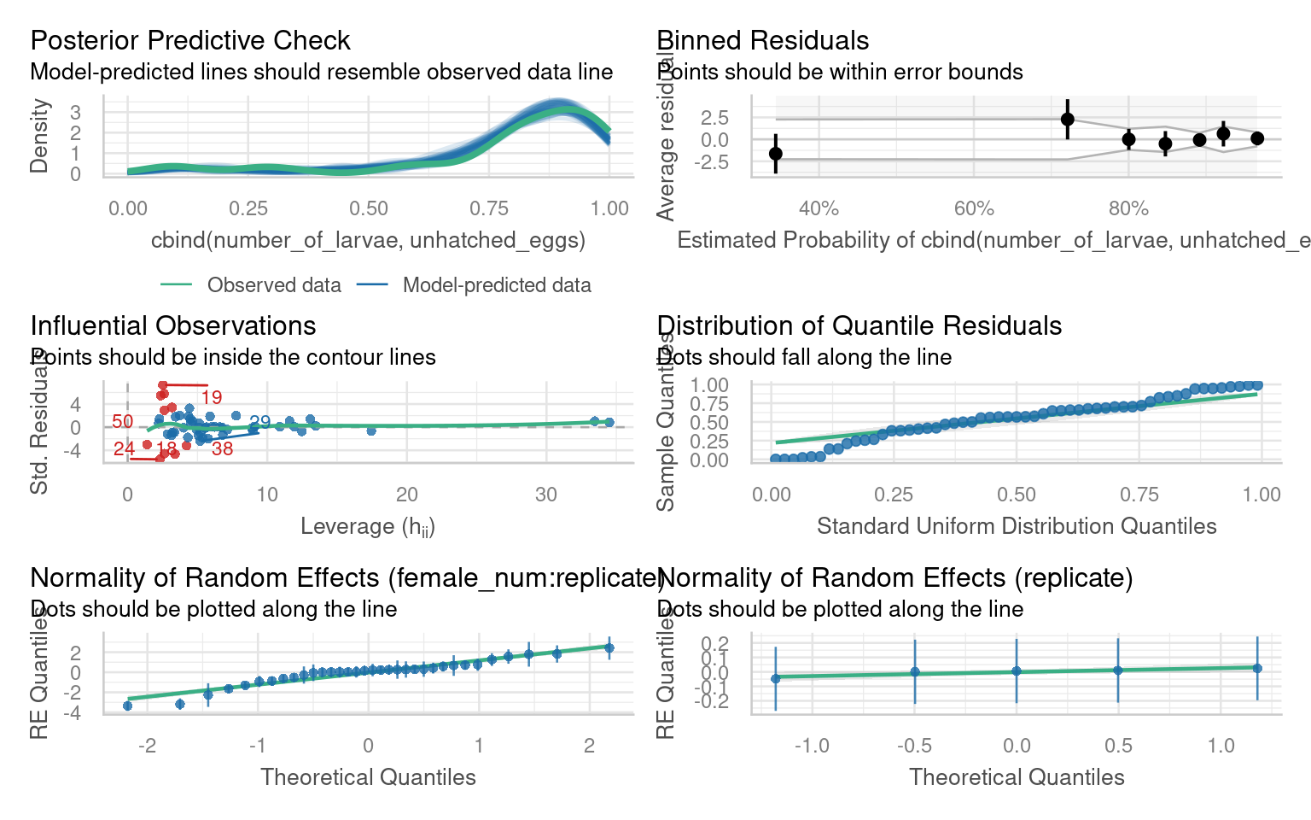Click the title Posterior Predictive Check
coord(189,40)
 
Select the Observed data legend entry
coord(273,285)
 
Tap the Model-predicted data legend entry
coord(497,285)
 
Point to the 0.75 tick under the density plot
coord(489,208)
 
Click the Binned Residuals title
coord(763,40)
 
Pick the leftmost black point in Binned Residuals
coord(775,154)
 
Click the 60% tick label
coord(974,208)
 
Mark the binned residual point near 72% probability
coord(1067,120)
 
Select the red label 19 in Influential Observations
coord(212,397)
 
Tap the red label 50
coord(123,421)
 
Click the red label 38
coord(223,449)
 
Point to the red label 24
coord(124,448)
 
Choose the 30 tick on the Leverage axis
coord(546,495)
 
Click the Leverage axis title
coord(368,526)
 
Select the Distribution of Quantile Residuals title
coord(859,325)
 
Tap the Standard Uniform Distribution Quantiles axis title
coord(1017,526)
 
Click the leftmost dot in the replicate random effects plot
coord(776,679)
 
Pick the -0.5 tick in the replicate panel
coord(914,746)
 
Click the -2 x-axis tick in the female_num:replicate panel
coord(148,746)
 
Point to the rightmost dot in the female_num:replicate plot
coord(609,648)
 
